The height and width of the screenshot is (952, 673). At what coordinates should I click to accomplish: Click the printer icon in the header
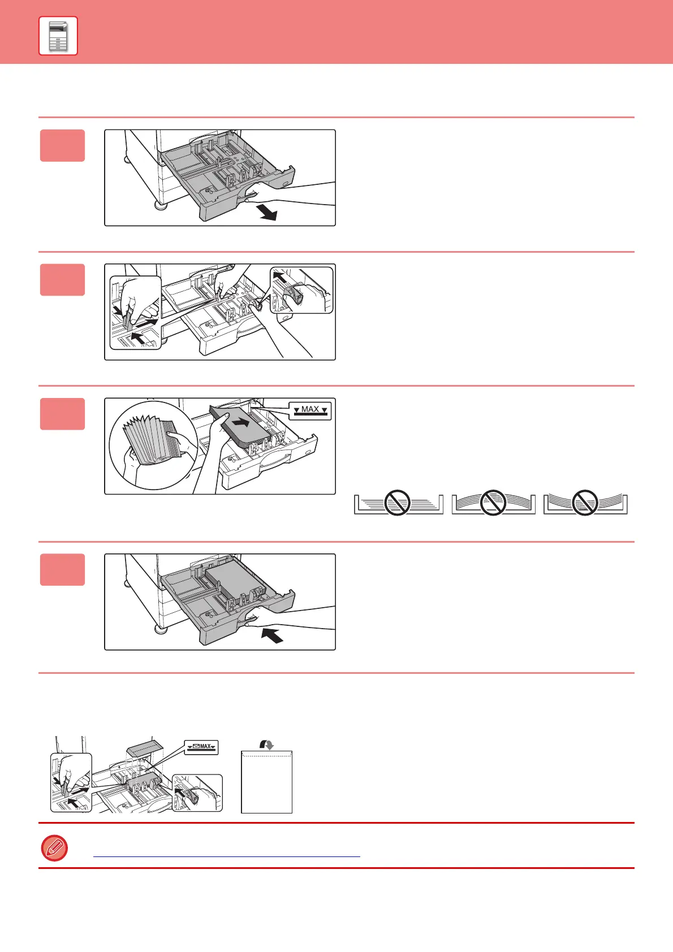tap(58, 36)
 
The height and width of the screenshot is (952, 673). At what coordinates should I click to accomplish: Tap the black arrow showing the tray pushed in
tap(272, 636)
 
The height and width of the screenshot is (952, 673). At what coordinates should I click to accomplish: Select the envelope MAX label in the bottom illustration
tap(202, 747)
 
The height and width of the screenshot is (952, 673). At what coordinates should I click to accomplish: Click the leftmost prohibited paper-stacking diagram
tap(398, 503)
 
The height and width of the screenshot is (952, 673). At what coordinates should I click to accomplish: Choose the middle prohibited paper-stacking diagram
tap(493, 503)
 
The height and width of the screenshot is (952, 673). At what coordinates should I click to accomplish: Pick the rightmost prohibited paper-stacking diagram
tap(585, 503)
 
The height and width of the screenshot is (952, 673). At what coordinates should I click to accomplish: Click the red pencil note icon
tap(54, 848)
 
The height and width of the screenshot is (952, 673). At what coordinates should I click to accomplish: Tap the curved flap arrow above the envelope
tap(267, 745)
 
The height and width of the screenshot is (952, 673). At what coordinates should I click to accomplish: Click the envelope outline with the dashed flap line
tap(266, 782)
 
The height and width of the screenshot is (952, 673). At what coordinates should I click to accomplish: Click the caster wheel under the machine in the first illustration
tap(161, 204)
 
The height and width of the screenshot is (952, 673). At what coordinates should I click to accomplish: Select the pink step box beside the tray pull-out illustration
tap(62, 146)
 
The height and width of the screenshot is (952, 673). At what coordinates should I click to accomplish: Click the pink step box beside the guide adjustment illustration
tap(62, 280)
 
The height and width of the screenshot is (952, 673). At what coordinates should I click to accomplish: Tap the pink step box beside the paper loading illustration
tap(62, 414)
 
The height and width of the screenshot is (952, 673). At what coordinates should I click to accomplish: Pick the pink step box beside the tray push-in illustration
tap(62, 569)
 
